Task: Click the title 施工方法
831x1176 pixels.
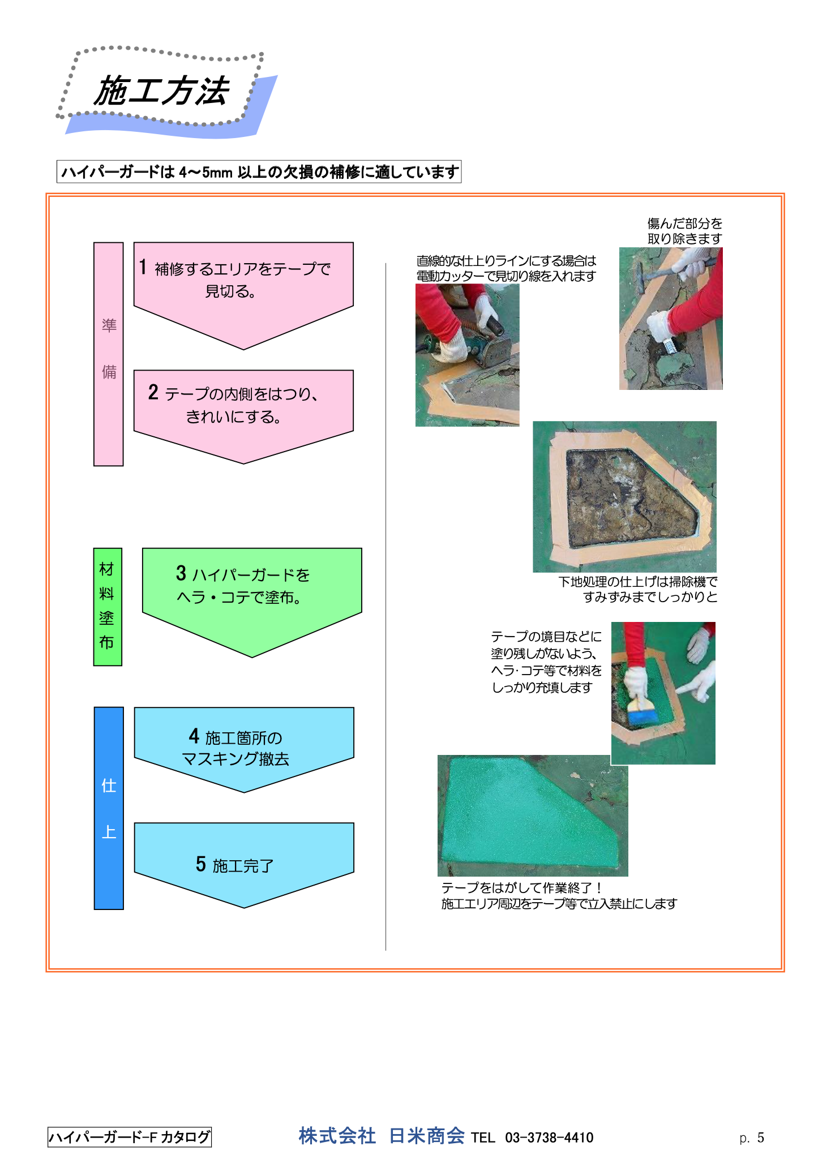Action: pyautogui.click(x=161, y=91)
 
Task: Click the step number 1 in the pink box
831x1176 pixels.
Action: pyautogui.click(x=143, y=267)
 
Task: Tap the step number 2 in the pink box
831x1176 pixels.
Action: pyautogui.click(x=153, y=392)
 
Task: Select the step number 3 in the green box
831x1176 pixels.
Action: pyautogui.click(x=181, y=573)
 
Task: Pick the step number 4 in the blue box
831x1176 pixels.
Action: pyautogui.click(x=194, y=736)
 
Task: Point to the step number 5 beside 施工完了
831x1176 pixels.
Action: pyautogui.click(x=201, y=864)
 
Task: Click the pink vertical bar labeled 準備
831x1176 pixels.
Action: pyautogui.click(x=108, y=354)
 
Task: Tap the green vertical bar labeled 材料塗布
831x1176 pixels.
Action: pyautogui.click(x=108, y=607)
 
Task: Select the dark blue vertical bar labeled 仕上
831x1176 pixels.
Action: pyautogui.click(x=109, y=808)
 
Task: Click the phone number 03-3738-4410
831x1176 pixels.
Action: pyautogui.click(x=549, y=1138)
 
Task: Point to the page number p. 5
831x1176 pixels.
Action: pyautogui.click(x=752, y=1138)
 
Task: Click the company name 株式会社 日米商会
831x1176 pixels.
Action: pyautogui.click(x=382, y=1136)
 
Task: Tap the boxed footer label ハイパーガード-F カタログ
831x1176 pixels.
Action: pyautogui.click(x=130, y=1137)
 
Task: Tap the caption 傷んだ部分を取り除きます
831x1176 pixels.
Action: pyautogui.click(x=684, y=231)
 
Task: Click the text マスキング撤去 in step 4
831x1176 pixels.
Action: pyautogui.click(x=235, y=759)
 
